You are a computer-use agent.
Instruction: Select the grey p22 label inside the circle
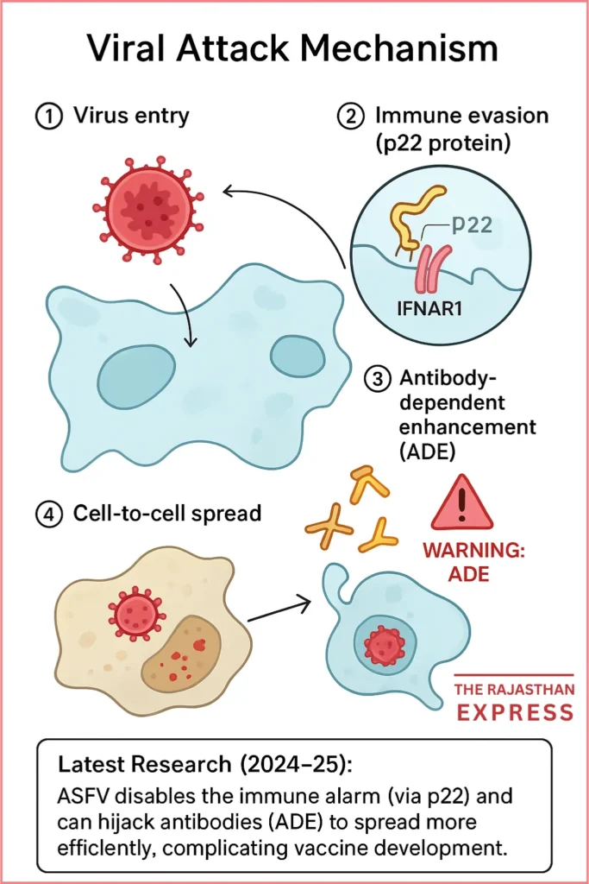coord(472,226)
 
